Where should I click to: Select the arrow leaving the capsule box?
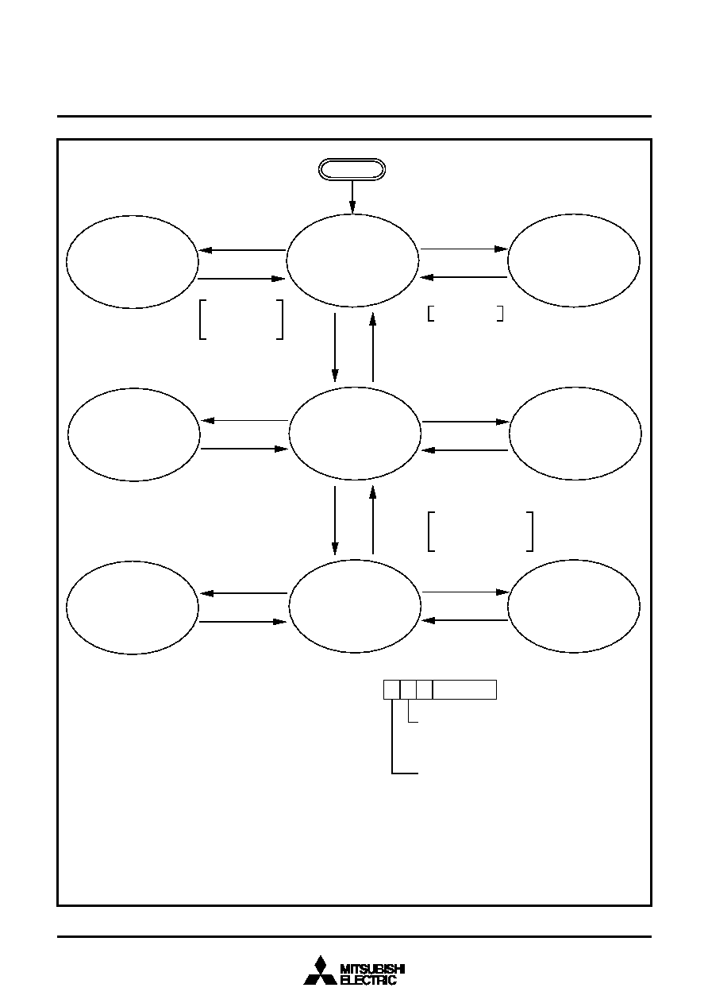(352, 197)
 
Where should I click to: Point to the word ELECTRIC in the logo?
(368, 979)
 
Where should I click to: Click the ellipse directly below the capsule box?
(352, 260)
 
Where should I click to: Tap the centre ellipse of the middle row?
(355, 433)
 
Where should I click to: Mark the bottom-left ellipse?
(133, 608)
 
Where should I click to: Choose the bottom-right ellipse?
(574, 606)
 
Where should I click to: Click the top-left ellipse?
(133, 262)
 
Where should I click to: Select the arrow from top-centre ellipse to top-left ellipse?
(242, 250)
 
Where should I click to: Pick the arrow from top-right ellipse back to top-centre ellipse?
(464, 277)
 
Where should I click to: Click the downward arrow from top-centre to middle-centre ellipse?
(335, 348)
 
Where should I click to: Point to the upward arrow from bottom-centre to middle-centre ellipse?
(372, 520)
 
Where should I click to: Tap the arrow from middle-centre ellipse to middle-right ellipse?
(466, 422)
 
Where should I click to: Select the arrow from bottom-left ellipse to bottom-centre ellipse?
(243, 622)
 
